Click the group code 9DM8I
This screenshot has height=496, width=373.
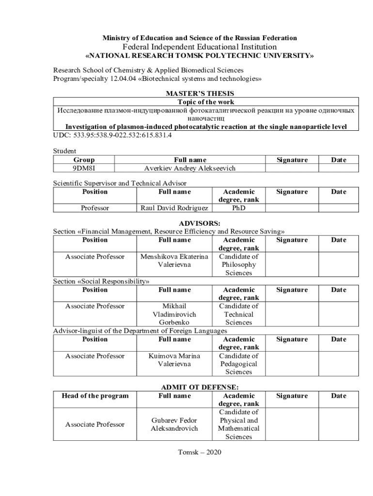[x=84, y=168]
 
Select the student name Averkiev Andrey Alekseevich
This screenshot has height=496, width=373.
[x=190, y=168]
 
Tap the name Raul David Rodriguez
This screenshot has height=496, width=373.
[x=174, y=208]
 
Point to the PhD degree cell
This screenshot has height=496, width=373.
[x=239, y=208]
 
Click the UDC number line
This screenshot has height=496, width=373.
[x=112, y=135]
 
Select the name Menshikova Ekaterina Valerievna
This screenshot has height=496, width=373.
[x=174, y=261]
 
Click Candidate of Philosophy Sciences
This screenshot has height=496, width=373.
[x=239, y=264]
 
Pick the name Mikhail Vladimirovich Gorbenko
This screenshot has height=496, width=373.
[x=174, y=314]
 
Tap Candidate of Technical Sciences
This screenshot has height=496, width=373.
[x=239, y=314]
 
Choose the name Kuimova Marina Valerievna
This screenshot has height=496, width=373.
[x=174, y=360]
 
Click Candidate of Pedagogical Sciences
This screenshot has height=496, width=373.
[x=239, y=364]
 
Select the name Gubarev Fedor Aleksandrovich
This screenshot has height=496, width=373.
[x=174, y=424]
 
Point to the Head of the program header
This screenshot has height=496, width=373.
[x=95, y=396]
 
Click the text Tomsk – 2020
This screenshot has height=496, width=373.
[x=200, y=452]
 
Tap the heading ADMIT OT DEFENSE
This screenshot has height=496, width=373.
[x=200, y=387]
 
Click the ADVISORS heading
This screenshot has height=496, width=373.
[x=200, y=223]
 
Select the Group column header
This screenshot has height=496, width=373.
[x=84, y=159]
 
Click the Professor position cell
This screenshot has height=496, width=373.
[x=95, y=208]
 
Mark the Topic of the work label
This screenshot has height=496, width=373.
[x=206, y=102]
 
